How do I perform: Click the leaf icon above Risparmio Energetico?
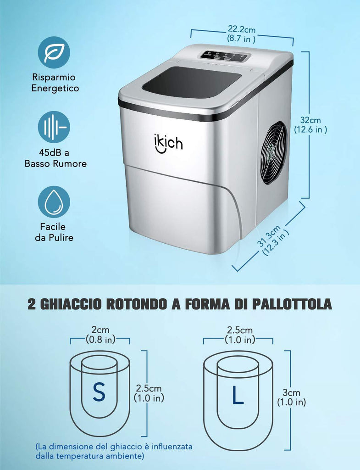[54, 52]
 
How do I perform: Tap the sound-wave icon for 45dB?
[54, 127]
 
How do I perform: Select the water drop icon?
[54, 202]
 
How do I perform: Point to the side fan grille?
[273, 152]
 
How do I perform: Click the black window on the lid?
[191, 82]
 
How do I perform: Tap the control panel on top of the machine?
[224, 56]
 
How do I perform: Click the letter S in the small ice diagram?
[99, 392]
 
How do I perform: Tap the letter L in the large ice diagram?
[238, 395]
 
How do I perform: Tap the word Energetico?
[55, 88]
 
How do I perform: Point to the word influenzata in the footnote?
[172, 446]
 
